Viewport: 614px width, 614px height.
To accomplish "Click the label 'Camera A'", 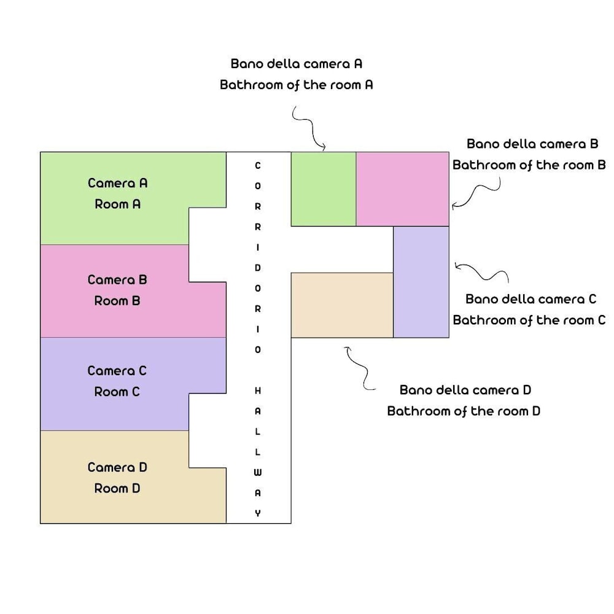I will click(117, 183).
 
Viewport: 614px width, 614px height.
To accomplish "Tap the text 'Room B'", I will click(117, 301).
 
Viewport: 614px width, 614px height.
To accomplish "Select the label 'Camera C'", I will click(117, 371).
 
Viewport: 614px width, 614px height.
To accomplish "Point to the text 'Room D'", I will click(117, 489).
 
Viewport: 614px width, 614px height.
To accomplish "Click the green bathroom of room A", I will click(323, 189).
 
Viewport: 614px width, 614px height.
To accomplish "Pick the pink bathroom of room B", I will click(403, 189).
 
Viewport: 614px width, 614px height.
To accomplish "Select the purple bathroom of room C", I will click(421, 282).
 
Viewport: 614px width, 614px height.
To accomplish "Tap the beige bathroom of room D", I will click(342, 305).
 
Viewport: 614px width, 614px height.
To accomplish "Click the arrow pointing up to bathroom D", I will click(359, 368).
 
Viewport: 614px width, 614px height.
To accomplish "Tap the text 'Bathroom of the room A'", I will click(296, 85).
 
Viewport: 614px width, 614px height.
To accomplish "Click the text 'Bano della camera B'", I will click(532, 144).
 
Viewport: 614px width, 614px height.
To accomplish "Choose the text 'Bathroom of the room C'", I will click(529, 320).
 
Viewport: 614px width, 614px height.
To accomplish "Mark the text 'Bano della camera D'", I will click(465, 390).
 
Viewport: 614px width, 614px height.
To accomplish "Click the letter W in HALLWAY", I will click(258, 472).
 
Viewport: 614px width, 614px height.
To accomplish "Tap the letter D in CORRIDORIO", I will click(258, 268).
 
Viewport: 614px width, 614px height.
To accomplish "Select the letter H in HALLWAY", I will click(258, 391).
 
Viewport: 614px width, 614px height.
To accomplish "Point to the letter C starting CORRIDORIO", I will click(258, 165).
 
